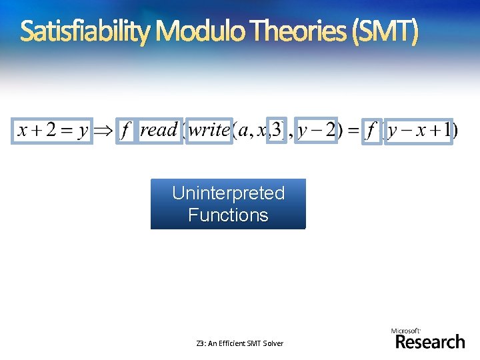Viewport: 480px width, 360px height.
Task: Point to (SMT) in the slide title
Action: point(387,31)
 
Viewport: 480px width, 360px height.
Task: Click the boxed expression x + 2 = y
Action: point(53,131)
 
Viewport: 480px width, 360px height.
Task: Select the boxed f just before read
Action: point(124,131)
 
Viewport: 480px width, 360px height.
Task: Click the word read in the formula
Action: point(159,130)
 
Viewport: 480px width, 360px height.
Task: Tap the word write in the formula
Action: point(209,130)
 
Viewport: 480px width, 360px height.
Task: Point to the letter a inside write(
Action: point(244,131)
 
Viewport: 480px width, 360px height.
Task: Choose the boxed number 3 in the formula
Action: point(277,130)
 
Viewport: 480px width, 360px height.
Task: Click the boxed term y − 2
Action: point(316,131)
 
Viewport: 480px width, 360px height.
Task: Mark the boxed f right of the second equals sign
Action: point(371,131)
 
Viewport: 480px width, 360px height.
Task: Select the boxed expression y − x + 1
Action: point(419,131)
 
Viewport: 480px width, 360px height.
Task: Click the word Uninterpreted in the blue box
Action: point(228,193)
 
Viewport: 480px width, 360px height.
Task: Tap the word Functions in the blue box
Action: point(228,215)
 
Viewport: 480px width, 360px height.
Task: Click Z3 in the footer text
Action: point(200,343)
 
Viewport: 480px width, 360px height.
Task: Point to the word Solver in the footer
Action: point(271,343)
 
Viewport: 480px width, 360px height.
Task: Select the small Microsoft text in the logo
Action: point(405,331)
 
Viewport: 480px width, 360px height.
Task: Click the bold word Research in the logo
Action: point(430,342)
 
